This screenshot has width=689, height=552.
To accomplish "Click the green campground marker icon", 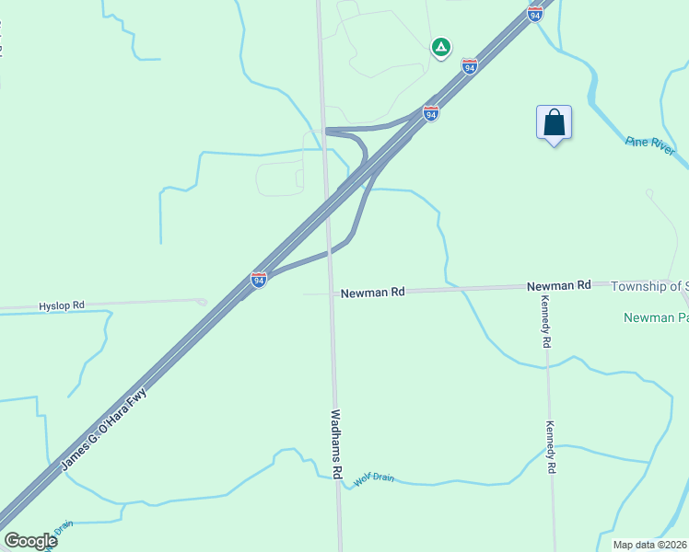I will (x=441, y=46).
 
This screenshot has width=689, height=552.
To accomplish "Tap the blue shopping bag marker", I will (x=554, y=122).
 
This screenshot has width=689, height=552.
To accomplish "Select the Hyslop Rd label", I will (x=62, y=305).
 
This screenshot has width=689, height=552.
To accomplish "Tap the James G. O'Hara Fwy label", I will (x=103, y=431).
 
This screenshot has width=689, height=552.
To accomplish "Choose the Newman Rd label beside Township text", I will (x=558, y=286).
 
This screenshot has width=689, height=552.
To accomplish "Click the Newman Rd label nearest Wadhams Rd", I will (x=372, y=293).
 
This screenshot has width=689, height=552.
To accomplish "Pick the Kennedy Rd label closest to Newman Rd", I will (x=546, y=327).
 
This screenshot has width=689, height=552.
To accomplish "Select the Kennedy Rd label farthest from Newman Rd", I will (x=551, y=447).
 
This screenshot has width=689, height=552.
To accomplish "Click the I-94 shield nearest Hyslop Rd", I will (x=259, y=280).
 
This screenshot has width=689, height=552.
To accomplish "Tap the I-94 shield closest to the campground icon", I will (x=470, y=67).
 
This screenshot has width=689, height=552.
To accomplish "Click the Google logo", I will (x=30, y=541).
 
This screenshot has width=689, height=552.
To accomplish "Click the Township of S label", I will (x=649, y=286).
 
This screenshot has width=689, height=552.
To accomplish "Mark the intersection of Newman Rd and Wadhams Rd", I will (x=332, y=293).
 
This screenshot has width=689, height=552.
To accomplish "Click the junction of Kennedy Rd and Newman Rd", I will (x=543, y=287).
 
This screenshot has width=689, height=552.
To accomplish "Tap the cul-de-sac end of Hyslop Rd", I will (x=202, y=301).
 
